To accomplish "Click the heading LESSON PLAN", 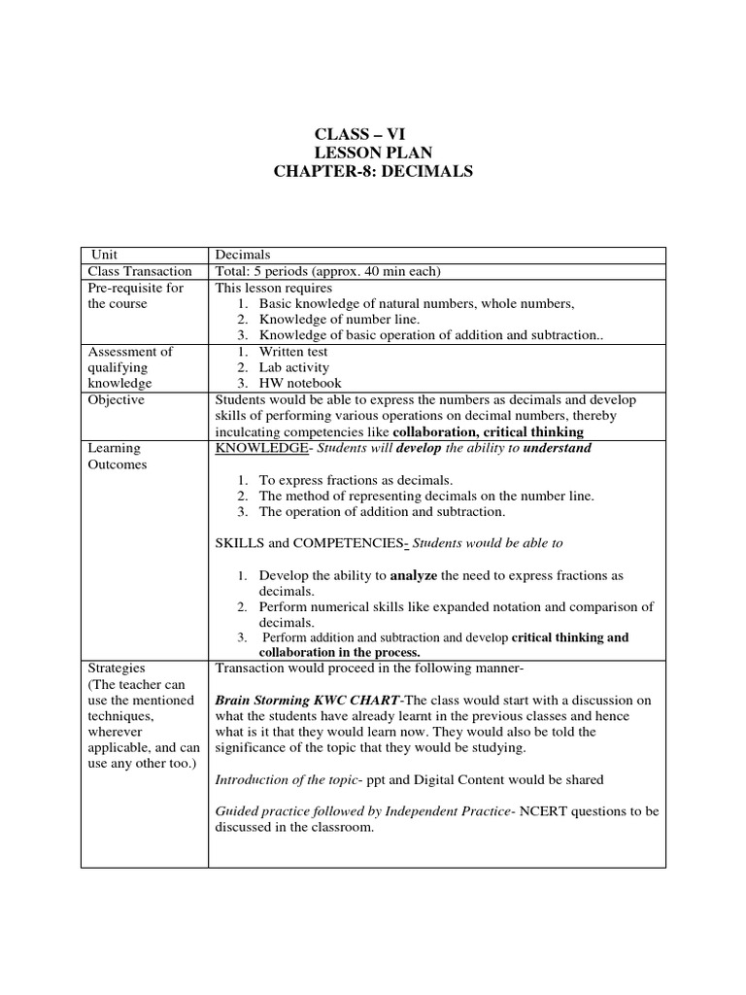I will coord(374,153).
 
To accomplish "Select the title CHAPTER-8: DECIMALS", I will coord(374,172).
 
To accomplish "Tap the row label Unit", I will coord(103,255).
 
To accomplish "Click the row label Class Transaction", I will coord(140,271).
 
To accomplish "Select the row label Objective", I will coord(116,400).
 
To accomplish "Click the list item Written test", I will coord(293,352).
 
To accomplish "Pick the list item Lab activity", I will coord(293,367).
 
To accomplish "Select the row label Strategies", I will coord(117,669).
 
